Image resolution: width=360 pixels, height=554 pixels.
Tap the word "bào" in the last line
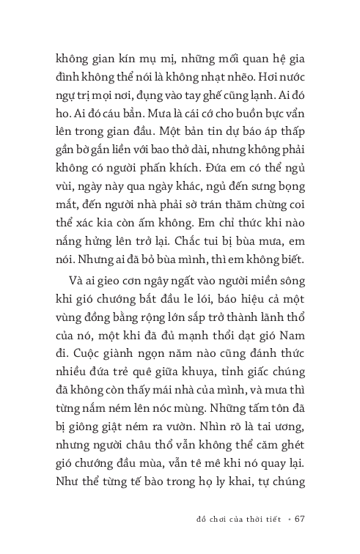[166, 503]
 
